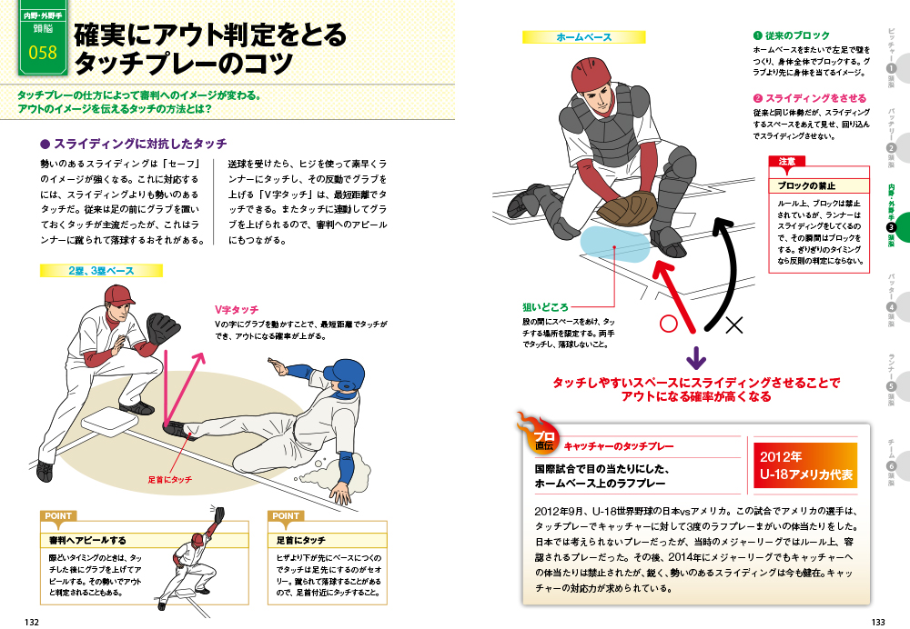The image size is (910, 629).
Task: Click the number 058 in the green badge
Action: [x=43, y=53]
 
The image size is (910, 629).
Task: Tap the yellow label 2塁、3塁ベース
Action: [x=101, y=271]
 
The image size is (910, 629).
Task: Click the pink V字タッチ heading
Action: [x=237, y=310]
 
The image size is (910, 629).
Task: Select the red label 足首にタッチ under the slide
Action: [x=170, y=479]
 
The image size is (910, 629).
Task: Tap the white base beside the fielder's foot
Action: [x=110, y=424]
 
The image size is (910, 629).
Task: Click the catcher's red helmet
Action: [x=591, y=75]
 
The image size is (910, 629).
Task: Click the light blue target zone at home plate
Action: [x=615, y=245]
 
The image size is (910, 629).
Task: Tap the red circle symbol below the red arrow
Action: [x=669, y=324]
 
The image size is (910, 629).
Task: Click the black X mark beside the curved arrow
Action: [x=733, y=324]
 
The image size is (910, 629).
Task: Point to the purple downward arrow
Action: [x=696, y=358]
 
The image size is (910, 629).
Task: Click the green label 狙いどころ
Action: [x=545, y=307]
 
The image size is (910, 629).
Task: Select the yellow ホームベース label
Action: [x=584, y=37]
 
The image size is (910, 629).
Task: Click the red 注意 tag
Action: [x=786, y=161]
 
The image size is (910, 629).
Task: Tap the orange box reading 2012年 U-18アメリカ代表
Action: [x=805, y=465]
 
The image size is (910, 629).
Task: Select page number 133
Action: [x=878, y=622]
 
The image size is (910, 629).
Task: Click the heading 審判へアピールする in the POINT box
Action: [x=87, y=540]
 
